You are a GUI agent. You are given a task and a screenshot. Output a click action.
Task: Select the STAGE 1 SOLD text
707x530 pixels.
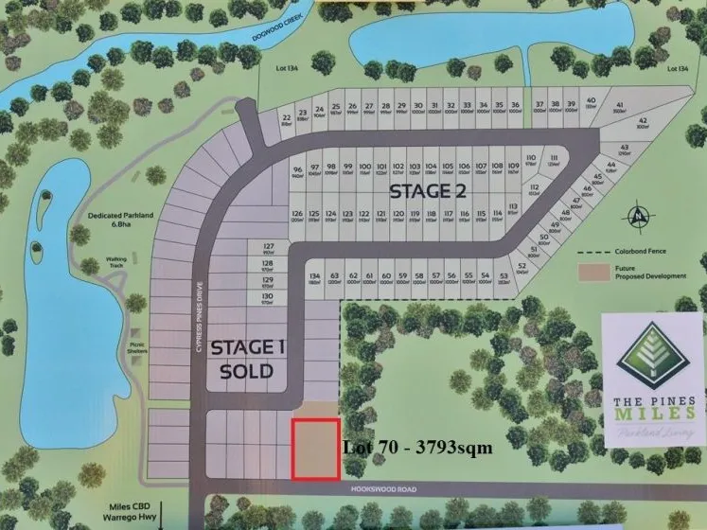247,359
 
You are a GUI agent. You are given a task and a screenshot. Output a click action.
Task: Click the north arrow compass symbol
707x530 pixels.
642,215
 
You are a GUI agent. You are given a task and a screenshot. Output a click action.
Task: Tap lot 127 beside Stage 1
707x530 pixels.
267,248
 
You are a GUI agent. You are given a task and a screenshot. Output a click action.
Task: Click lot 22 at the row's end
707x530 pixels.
286,119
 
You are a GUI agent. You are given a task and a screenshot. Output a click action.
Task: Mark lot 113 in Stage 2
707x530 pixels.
513,209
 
